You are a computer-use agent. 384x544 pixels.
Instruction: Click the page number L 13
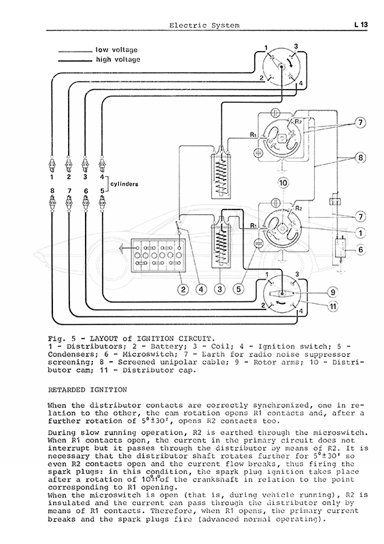(361, 24)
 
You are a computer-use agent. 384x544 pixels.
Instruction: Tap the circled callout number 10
(283, 183)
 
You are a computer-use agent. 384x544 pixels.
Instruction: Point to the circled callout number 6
(361, 250)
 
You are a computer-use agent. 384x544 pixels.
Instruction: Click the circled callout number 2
(183, 288)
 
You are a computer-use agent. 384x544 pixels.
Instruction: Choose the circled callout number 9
(332, 292)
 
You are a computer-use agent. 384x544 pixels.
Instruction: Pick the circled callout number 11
(332, 307)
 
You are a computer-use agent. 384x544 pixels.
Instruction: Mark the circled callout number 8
(361, 158)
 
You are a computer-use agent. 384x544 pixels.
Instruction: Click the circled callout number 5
(239, 288)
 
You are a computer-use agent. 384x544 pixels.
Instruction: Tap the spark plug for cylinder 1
(52, 164)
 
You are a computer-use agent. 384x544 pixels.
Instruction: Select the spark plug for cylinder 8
(52, 202)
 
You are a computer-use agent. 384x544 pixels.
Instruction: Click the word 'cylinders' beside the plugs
(124, 184)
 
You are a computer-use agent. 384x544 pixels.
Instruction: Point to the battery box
(157, 256)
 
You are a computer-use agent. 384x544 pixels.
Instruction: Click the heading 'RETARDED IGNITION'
(88, 390)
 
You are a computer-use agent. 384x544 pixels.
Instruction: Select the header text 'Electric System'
(205, 25)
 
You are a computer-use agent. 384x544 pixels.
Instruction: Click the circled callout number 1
(361, 233)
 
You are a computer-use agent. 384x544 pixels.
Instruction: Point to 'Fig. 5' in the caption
(56, 339)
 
